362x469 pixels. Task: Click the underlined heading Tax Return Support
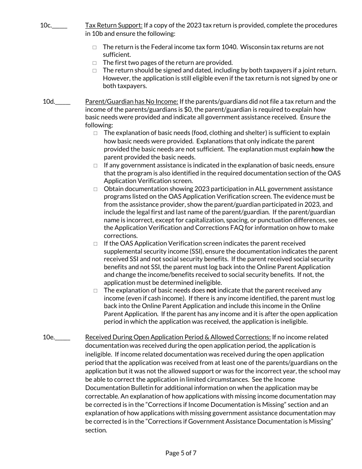[114, 26]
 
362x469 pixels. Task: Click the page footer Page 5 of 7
[181, 453]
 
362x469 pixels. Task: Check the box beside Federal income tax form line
[95, 47]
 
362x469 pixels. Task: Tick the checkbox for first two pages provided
[95, 63]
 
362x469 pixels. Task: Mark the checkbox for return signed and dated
[95, 71]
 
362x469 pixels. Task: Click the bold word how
[317, 149]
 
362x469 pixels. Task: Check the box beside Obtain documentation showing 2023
[96, 189]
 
